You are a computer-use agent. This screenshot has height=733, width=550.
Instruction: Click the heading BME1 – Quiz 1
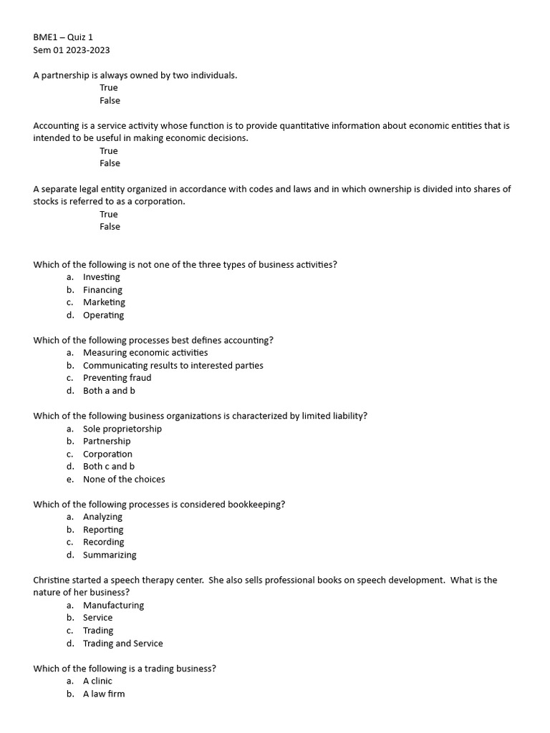(x=63, y=37)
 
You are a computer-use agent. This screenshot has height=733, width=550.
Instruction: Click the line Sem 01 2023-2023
(x=72, y=50)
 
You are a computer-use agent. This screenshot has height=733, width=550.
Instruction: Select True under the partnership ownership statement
(x=109, y=88)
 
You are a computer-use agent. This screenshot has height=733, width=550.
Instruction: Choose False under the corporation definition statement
(x=110, y=227)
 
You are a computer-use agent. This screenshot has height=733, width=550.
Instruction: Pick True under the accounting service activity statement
(x=109, y=151)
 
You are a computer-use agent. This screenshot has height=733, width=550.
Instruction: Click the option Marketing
(x=104, y=302)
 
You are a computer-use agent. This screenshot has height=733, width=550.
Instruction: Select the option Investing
(x=102, y=277)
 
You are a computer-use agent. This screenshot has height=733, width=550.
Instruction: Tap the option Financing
(x=102, y=290)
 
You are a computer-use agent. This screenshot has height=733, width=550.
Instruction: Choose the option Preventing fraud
(x=117, y=378)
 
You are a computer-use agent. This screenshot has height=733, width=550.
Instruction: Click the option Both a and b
(x=109, y=391)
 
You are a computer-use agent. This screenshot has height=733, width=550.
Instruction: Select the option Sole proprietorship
(x=122, y=429)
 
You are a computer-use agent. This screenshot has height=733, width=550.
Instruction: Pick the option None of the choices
(x=124, y=480)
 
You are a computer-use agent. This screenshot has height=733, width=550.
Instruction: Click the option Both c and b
(x=109, y=467)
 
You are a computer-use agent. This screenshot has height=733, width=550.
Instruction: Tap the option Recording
(x=104, y=543)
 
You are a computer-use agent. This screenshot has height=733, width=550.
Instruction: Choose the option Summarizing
(x=110, y=555)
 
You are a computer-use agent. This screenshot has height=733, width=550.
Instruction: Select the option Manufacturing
(x=113, y=606)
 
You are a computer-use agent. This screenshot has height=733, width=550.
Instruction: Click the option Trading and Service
(x=123, y=644)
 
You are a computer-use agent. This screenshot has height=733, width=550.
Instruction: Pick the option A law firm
(x=104, y=694)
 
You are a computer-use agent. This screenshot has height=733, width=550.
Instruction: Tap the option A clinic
(x=97, y=681)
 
